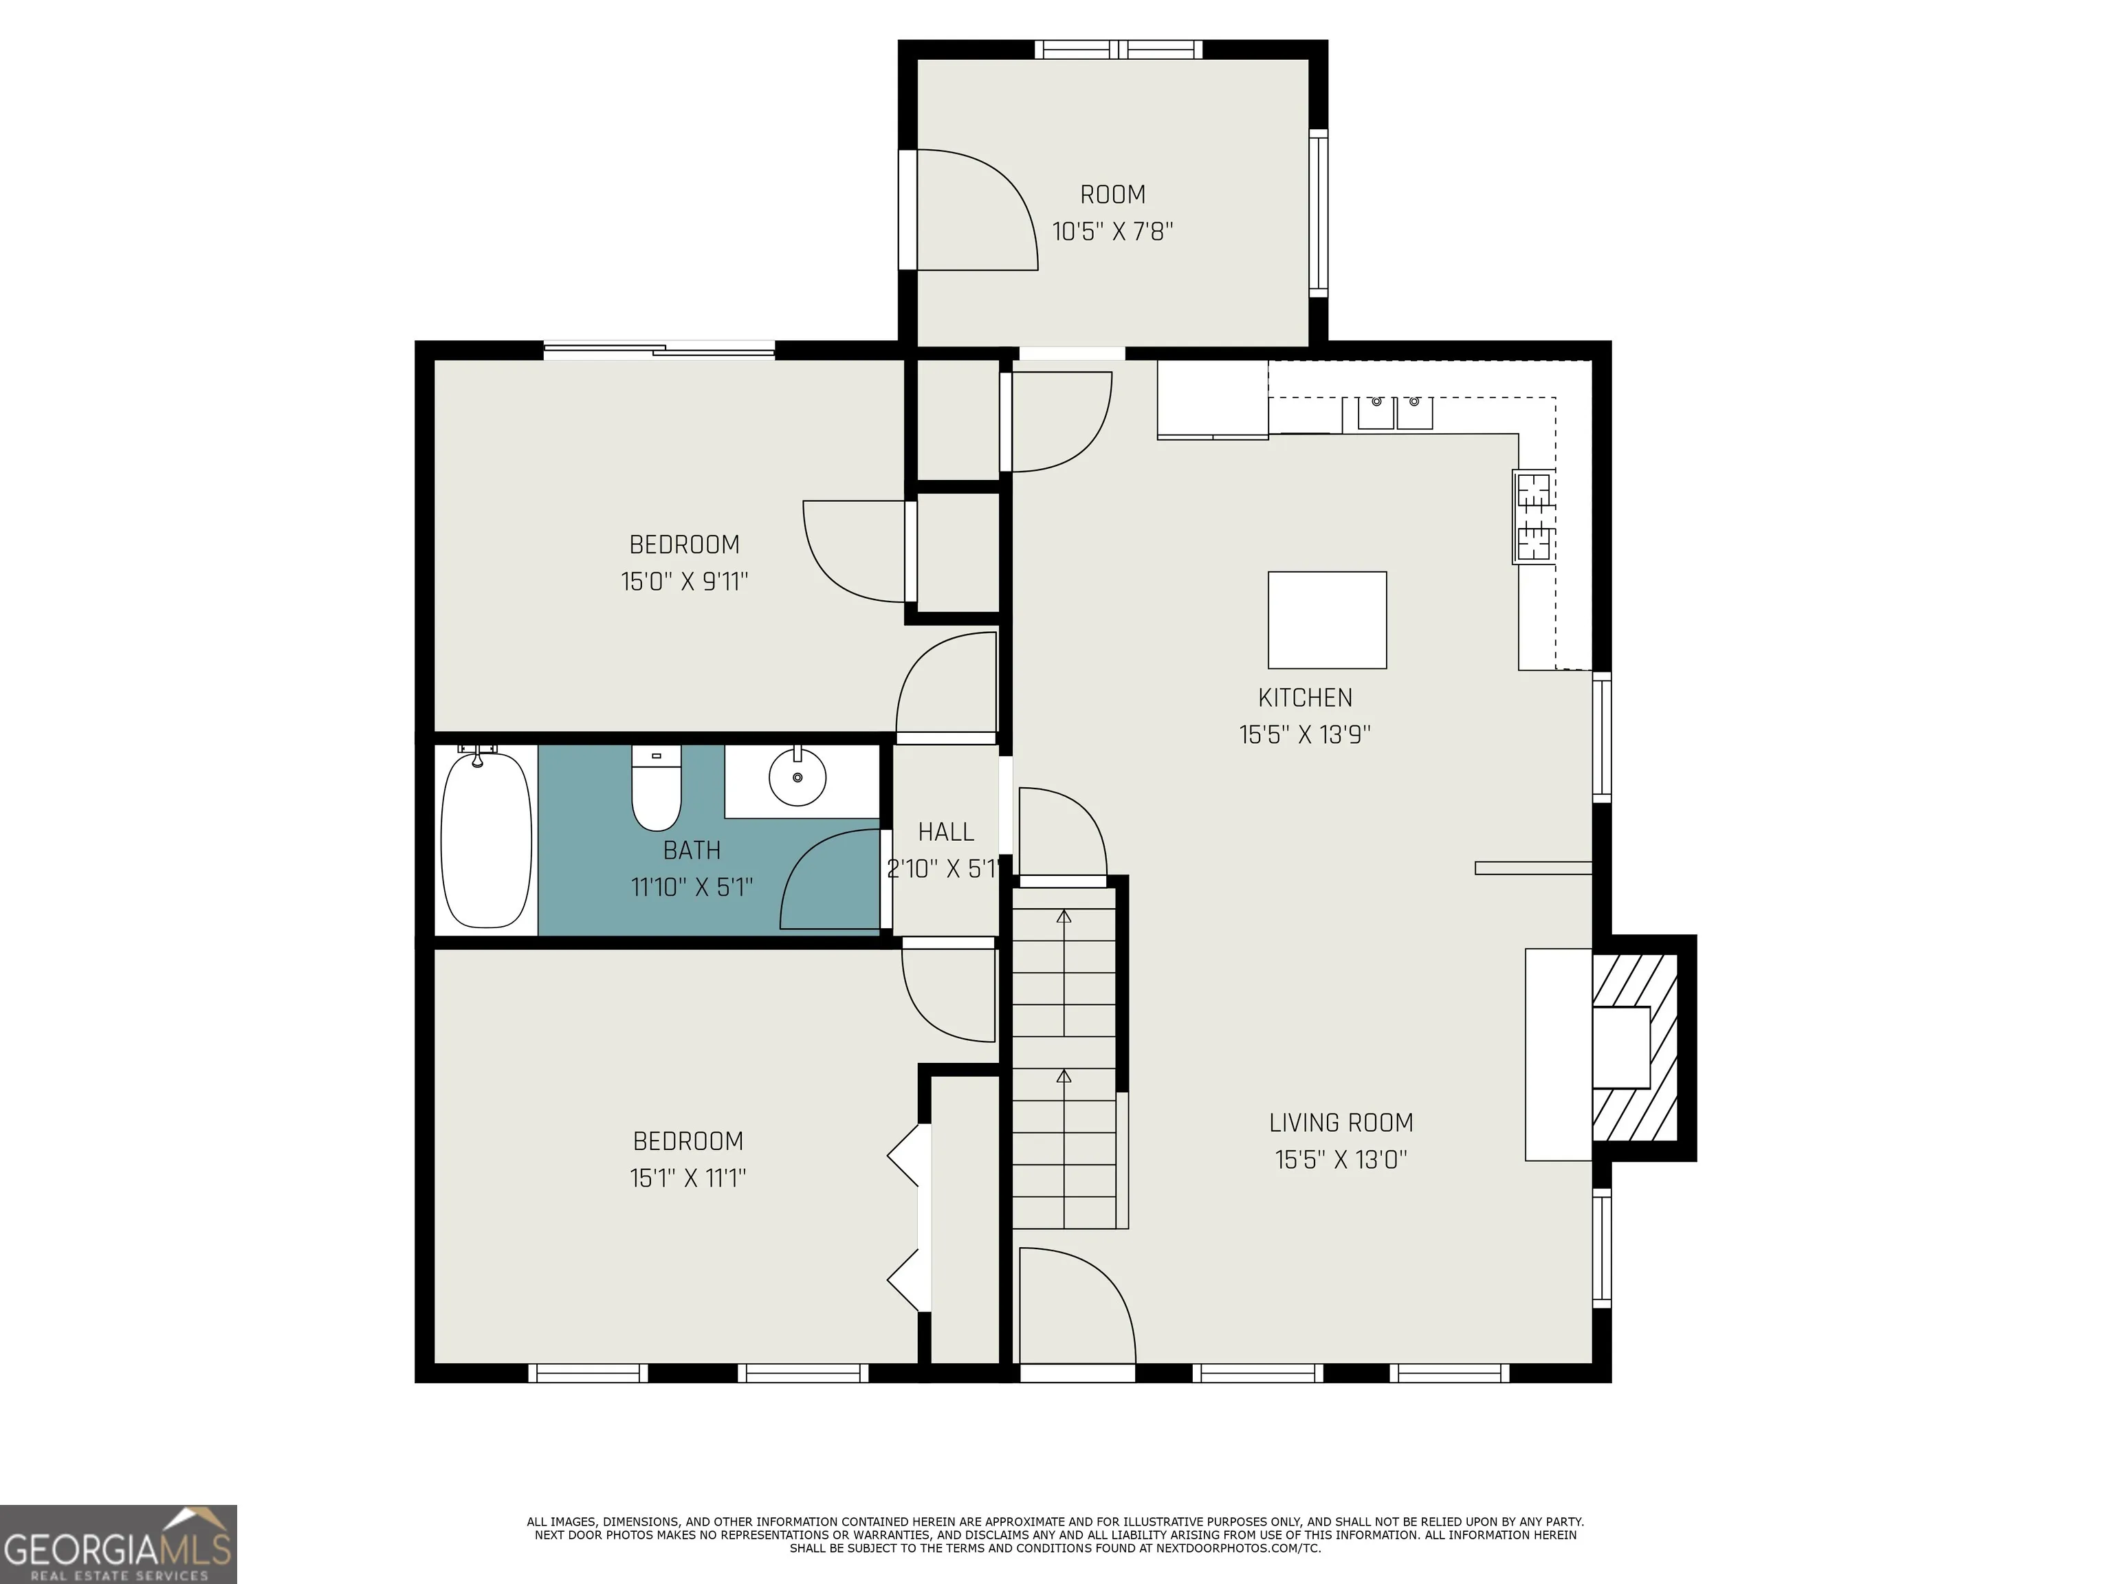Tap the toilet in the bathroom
pos(656,788)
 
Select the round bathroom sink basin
pos(797,777)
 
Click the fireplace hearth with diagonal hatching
pos(1635,1048)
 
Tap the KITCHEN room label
pos(1305,698)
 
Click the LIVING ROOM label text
pos(1341,1123)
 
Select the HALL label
pos(946,833)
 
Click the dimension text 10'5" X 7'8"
pos(1112,231)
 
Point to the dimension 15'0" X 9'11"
pos(685,582)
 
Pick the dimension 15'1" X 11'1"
pos(687,1178)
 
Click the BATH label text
pos(692,850)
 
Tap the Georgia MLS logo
pos(118,1545)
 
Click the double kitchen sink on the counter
pos(1396,412)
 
